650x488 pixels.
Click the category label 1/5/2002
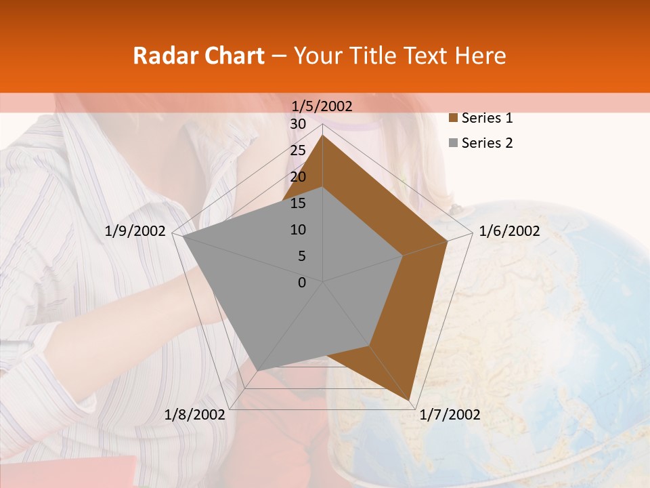(x=322, y=106)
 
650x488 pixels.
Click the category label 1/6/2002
(x=509, y=231)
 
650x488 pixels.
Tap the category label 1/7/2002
(x=450, y=415)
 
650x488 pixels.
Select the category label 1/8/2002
(x=195, y=415)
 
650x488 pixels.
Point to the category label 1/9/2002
(x=135, y=231)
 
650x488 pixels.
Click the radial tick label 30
(x=298, y=124)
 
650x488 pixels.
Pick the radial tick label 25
(x=298, y=150)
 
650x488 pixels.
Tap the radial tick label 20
(x=298, y=177)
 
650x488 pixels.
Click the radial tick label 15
(x=298, y=203)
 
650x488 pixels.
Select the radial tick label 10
(x=298, y=230)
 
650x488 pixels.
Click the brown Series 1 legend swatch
(x=453, y=119)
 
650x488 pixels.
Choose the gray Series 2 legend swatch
(x=453, y=143)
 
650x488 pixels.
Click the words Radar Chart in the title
(x=198, y=56)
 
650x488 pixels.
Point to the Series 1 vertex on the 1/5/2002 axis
(x=323, y=135)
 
